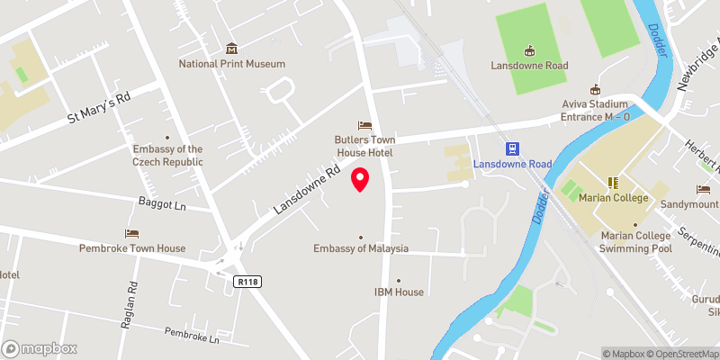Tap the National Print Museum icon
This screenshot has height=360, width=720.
pyautogui.click(x=231, y=49)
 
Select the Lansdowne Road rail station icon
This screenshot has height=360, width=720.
pyautogui.click(x=512, y=148)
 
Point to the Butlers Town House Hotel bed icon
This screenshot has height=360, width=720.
pyautogui.click(x=364, y=125)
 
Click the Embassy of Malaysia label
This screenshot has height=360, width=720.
pyautogui.click(x=361, y=248)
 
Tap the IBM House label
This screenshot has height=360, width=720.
pyautogui.click(x=399, y=292)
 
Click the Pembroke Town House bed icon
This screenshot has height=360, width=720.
pyautogui.click(x=132, y=233)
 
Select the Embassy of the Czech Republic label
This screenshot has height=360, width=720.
pyautogui.click(x=167, y=156)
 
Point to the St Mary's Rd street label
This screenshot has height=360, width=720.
pyautogui.click(x=100, y=108)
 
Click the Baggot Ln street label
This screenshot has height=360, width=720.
pyautogui.click(x=162, y=204)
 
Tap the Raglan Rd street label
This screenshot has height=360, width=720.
pyautogui.click(x=131, y=300)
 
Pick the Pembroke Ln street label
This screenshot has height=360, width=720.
pyautogui.click(x=192, y=337)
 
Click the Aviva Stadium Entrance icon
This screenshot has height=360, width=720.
pyautogui.click(x=594, y=89)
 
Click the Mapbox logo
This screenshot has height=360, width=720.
pyautogui.click(x=40, y=348)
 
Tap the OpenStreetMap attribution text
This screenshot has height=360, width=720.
pyautogui.click(x=683, y=354)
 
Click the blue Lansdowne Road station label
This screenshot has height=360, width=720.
pyautogui.click(x=512, y=165)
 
